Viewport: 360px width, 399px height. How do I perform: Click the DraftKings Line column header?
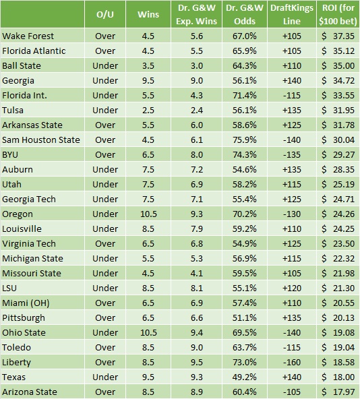tap(292, 15)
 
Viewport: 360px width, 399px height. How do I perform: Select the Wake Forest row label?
tap(28, 36)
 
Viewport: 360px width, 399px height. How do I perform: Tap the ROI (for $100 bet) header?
tap(338, 15)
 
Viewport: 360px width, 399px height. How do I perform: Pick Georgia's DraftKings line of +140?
tap(292, 80)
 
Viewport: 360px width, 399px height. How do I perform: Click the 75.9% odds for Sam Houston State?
tap(245, 140)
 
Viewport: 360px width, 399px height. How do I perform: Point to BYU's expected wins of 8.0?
tap(197, 154)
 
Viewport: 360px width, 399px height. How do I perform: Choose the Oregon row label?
tap(18, 214)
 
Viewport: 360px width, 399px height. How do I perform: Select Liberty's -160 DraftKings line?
tap(292, 362)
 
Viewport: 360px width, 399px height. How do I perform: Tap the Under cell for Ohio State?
tap(105, 332)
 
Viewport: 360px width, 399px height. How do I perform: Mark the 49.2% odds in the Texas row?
tap(245, 377)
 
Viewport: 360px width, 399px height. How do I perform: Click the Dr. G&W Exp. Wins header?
tap(197, 15)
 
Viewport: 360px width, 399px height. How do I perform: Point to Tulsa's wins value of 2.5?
tap(148, 110)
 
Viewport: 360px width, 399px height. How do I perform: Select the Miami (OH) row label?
tap(26, 303)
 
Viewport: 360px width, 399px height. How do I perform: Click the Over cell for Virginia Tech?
tap(105, 243)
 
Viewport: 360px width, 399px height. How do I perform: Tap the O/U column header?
tap(105, 15)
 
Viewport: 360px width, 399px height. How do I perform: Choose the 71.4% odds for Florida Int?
tap(245, 95)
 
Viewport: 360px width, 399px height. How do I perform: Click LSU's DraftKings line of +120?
tap(292, 288)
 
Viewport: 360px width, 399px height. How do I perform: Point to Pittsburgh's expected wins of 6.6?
tap(197, 317)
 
